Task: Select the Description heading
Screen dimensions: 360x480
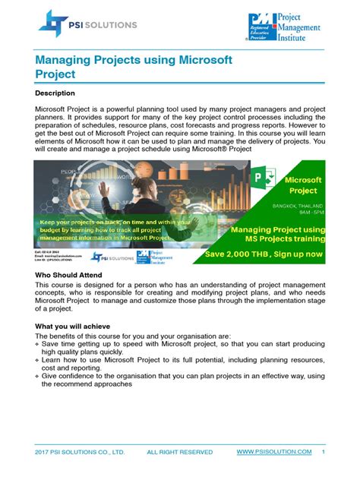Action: [x=56, y=93]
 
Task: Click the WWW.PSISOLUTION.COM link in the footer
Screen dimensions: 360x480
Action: [x=274, y=452]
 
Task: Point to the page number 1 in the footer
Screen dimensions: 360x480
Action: [x=324, y=452]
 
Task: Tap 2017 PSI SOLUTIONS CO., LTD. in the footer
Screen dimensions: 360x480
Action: [x=80, y=453]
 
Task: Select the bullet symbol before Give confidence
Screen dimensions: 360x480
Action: [x=38, y=375]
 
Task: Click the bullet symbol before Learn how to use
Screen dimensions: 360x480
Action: [x=38, y=360]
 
